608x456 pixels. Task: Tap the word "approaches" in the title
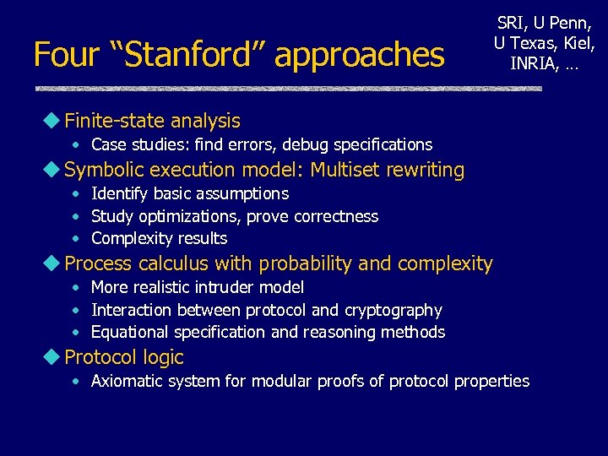(x=360, y=56)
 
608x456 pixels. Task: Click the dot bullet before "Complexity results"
(x=76, y=239)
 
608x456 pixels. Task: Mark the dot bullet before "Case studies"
(x=76, y=145)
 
